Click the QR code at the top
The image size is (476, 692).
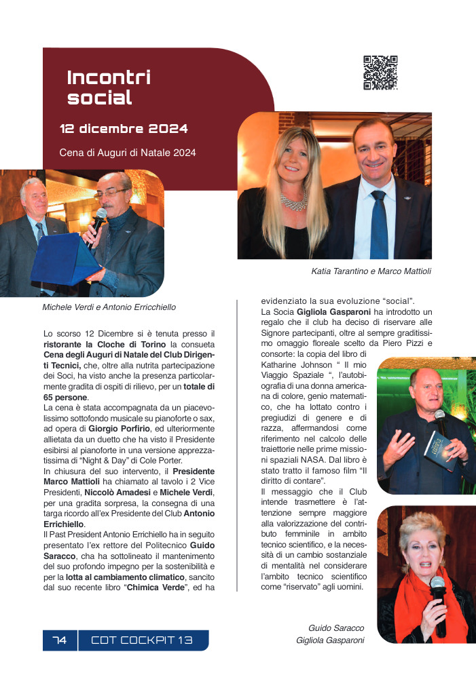tap(380, 73)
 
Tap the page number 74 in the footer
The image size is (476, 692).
tap(60, 640)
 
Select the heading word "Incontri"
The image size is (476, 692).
tap(109, 77)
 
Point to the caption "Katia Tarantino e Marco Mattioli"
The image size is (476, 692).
tap(371, 271)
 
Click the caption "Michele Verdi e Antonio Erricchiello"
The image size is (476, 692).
tap(109, 307)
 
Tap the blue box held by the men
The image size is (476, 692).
tap(65, 261)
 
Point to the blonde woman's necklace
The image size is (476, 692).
tap(294, 201)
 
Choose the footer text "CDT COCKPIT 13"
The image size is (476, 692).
tap(142, 640)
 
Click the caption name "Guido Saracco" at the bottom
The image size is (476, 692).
tap(336, 628)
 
